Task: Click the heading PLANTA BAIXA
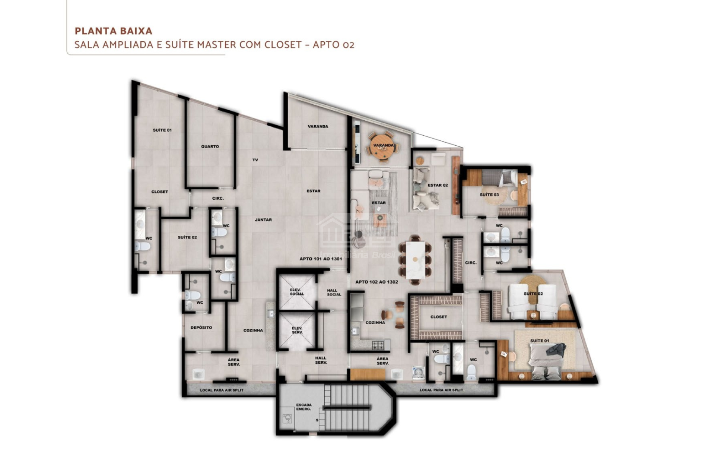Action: click(113, 31)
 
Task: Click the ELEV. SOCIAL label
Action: click(297, 292)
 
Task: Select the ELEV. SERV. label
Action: click(297, 330)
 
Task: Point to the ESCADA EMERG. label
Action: click(304, 407)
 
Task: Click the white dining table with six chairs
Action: click(415, 260)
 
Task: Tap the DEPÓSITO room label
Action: click(201, 328)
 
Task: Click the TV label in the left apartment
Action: click(255, 160)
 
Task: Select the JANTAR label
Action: click(263, 220)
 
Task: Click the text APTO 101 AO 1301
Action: click(321, 259)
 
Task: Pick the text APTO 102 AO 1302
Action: click(376, 282)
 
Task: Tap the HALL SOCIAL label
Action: click(334, 293)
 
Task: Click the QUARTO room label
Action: click(210, 146)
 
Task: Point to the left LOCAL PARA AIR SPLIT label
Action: click(222, 390)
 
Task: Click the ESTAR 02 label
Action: click(438, 185)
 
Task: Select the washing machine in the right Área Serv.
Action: click(418, 373)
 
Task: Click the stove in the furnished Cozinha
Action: click(378, 345)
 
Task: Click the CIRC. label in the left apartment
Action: click(218, 198)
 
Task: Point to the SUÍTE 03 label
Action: click(489, 195)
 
